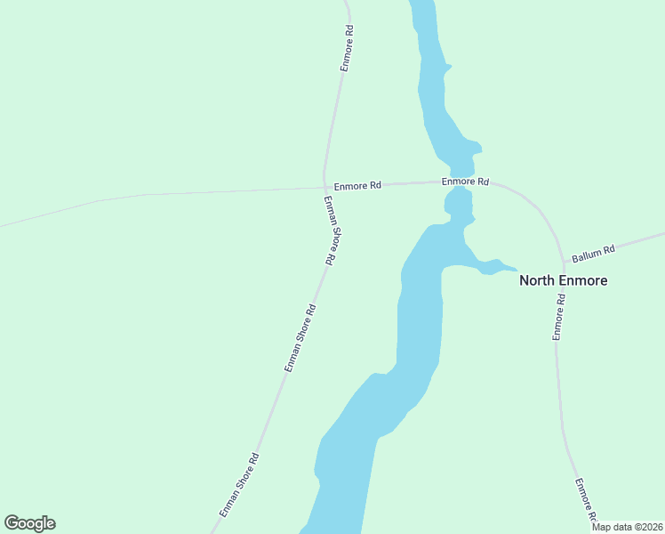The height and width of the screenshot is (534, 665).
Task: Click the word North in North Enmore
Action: tap(537, 280)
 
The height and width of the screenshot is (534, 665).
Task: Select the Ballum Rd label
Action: tap(593, 254)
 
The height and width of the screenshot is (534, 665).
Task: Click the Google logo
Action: tap(29, 523)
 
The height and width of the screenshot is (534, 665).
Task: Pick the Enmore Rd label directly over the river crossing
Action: tap(466, 182)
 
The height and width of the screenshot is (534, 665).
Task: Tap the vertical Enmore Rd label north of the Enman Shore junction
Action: tap(348, 48)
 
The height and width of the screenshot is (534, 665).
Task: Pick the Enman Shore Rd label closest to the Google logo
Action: tap(239, 486)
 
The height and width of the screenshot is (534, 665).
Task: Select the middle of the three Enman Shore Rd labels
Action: tap(300, 337)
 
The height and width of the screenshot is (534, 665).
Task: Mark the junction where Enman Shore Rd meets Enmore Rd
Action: tap(324, 188)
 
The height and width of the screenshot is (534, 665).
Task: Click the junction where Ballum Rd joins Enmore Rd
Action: tap(564, 263)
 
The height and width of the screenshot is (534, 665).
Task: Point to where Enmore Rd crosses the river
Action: tap(461, 182)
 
